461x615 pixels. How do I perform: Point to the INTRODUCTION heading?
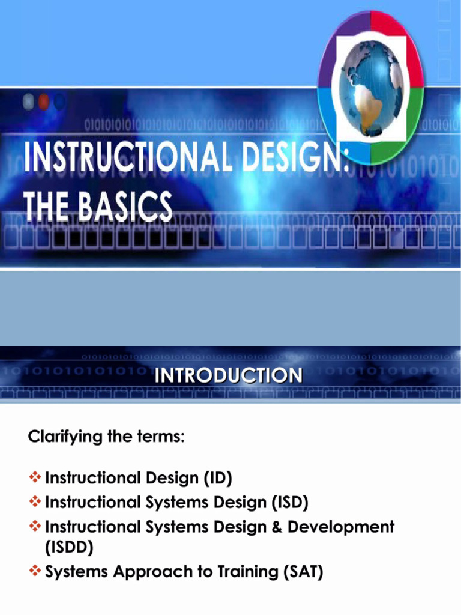tap(229, 376)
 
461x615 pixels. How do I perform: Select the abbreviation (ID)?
tap(215, 479)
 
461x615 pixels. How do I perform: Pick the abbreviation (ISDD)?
tap(70, 547)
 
